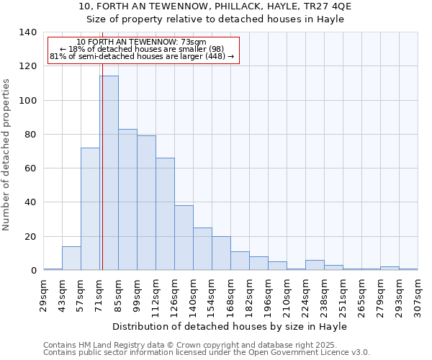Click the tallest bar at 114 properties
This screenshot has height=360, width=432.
(x=109, y=173)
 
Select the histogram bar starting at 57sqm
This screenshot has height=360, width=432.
(x=90, y=209)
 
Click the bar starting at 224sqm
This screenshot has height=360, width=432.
(x=315, y=265)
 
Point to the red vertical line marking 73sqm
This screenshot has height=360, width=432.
(x=102, y=180)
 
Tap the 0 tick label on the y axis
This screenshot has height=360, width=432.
(x=33, y=271)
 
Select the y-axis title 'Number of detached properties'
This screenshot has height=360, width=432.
(x=7, y=155)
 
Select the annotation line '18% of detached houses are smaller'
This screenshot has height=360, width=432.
(x=142, y=49)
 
